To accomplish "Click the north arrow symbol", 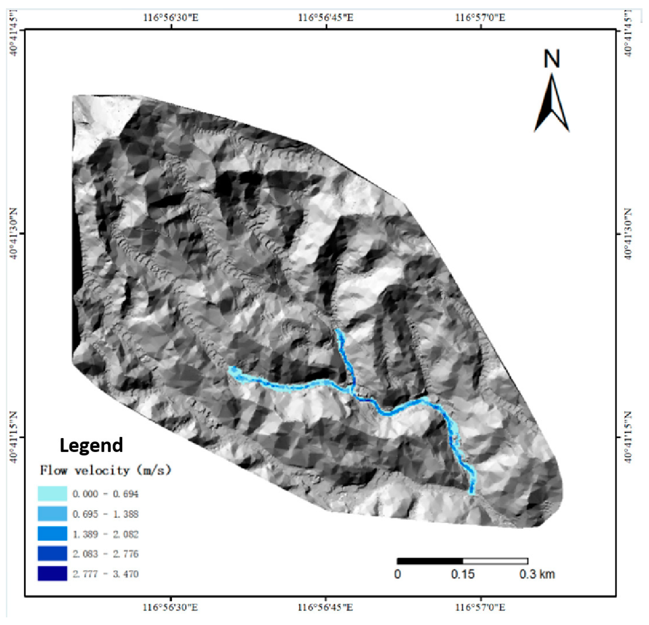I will coord(552,104).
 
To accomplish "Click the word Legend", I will coord(91,445).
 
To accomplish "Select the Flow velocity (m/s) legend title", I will coord(105,470).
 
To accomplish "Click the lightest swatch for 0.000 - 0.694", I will coord(52,494).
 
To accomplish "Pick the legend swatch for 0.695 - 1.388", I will coord(52,514).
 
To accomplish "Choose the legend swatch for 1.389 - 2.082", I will coord(52,534).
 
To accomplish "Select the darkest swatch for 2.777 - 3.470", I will coord(52,574).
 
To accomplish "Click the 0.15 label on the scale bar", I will coord(463,574).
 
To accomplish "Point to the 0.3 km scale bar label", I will coord(537,574).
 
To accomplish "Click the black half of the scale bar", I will coord(430,561).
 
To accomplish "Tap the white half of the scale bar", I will coord(495,561).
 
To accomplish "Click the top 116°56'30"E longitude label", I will coord(171,17).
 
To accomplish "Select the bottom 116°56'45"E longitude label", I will coord(326,608).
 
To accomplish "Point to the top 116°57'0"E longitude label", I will coord(480,17).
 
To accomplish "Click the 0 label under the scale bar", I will coord(398,574).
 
